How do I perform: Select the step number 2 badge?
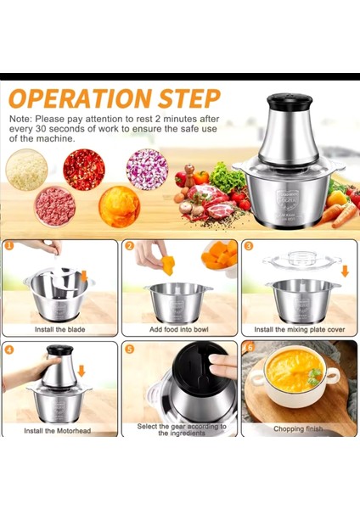[130, 246]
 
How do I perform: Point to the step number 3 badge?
[249, 246]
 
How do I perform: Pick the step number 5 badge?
[130, 348]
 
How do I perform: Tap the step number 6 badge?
[249, 348]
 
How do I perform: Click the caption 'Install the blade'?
[59, 329]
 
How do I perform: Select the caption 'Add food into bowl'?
[178, 329]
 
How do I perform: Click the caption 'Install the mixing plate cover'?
[299, 329]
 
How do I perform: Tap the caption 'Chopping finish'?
[299, 429]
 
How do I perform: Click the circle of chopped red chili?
[84, 169]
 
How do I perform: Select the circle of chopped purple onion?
[147, 168]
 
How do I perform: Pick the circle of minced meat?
[54, 206]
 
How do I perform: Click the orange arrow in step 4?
[82, 372]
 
